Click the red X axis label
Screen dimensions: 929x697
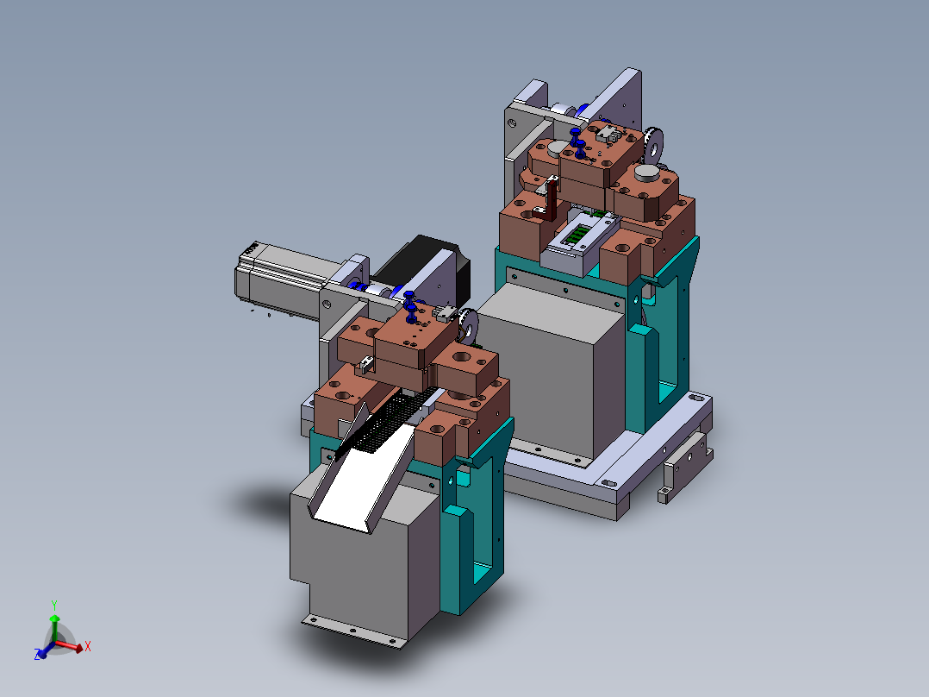88,646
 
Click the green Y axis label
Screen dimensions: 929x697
54,606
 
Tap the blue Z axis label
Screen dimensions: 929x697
37,654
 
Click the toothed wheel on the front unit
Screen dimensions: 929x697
469,326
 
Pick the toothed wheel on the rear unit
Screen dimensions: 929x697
653,145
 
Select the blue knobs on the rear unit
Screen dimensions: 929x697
577,142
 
